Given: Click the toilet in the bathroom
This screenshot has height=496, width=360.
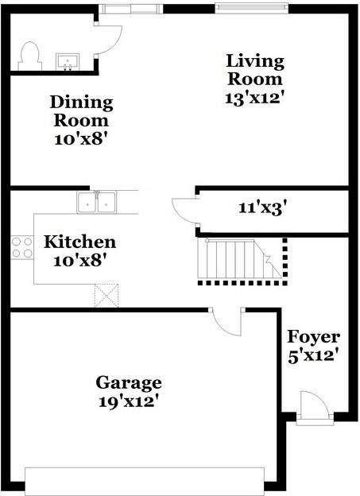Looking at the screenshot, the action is [x=30, y=56].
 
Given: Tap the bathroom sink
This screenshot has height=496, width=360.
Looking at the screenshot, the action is [x=68, y=61].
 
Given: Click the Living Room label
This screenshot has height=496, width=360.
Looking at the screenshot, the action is [x=255, y=70].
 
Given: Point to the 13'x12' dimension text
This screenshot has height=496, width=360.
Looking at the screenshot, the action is [x=253, y=98].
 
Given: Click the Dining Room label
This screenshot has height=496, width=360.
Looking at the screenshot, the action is [x=81, y=111].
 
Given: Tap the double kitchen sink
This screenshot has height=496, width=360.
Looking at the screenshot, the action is [x=96, y=202].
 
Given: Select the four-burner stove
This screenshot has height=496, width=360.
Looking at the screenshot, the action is [x=21, y=248].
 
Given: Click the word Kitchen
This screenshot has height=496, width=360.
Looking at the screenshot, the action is [x=79, y=242].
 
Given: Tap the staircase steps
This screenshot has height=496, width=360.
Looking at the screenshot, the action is [x=239, y=258].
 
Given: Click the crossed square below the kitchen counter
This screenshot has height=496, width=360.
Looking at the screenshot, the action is [x=106, y=296].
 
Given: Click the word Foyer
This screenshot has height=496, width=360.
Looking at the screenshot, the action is [x=313, y=337].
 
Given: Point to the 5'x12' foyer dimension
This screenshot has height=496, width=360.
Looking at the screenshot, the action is [x=312, y=355].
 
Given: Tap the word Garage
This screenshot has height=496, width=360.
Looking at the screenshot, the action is [x=129, y=383].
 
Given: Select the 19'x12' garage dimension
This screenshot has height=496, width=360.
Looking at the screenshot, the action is [x=129, y=401].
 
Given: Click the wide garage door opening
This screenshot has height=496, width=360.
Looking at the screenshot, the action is [x=145, y=482].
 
